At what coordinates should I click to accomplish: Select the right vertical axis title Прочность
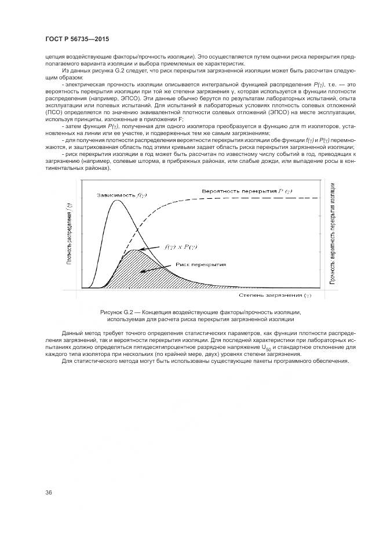point(333,235)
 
